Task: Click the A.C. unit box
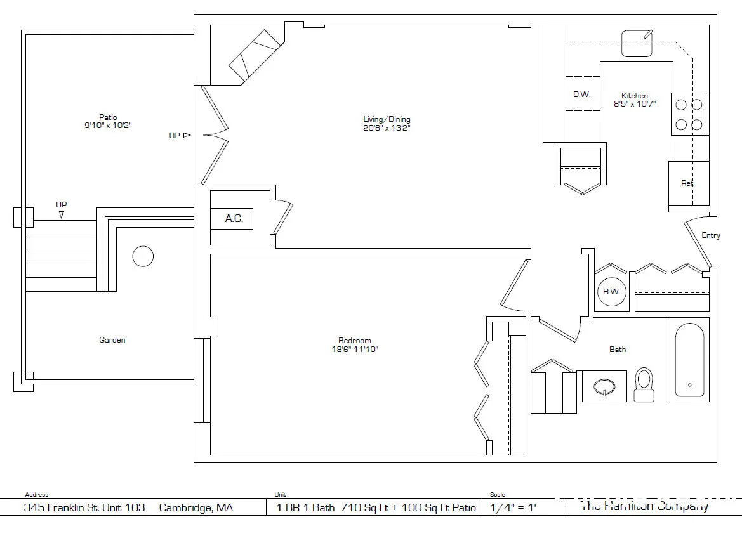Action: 234,219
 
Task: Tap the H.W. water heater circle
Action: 611,292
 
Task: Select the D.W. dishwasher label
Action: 581,95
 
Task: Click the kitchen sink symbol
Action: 637,43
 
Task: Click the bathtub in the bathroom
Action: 689,360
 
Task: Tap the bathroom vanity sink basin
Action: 604,387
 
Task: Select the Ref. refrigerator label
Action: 687,183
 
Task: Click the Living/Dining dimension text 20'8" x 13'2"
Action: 387,128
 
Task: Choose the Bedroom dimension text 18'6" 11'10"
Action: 354,350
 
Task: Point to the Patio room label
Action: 108,117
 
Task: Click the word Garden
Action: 112,340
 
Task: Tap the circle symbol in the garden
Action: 143,256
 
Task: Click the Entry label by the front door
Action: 711,235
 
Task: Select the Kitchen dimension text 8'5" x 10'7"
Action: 634,104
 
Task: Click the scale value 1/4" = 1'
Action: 510,507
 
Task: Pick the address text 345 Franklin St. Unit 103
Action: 84,507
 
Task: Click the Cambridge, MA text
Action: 195,507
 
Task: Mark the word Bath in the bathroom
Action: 618,349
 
